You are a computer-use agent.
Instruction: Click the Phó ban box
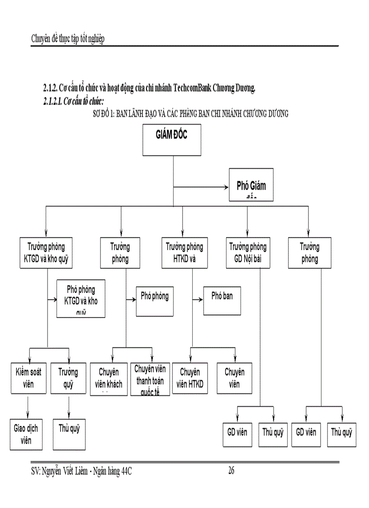[x=222, y=300]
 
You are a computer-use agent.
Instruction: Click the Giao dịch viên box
[x=26, y=434]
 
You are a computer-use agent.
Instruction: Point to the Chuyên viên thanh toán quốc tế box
[x=150, y=379]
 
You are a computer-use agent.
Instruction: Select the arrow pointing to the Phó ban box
[x=198, y=299]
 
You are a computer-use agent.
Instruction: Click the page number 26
[x=231, y=471]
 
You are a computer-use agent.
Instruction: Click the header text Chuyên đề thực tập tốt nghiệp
[x=68, y=39]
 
